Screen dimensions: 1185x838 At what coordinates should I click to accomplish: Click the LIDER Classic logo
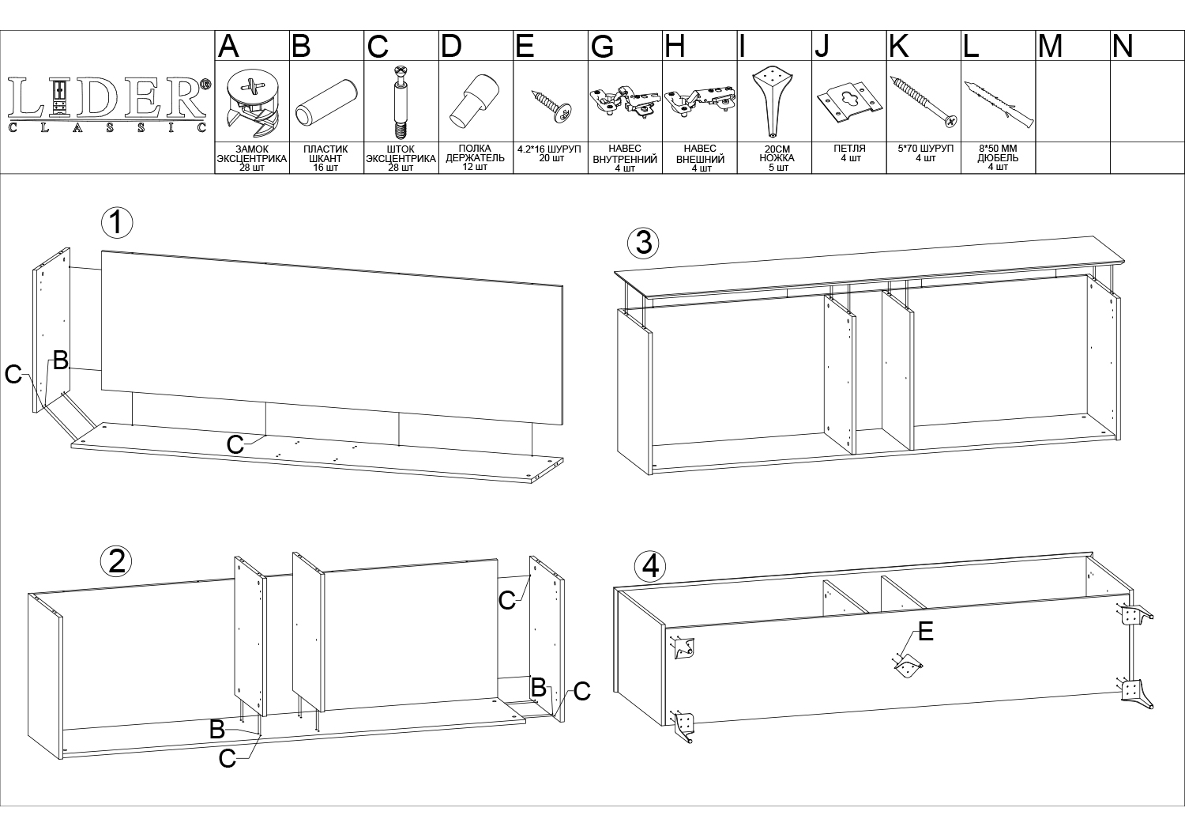tap(108, 104)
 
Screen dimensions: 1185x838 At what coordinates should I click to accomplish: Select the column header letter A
tap(228, 46)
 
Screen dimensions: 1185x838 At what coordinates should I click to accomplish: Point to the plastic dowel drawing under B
tap(326, 102)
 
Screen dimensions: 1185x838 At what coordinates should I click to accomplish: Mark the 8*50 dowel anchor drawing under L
tap(999, 104)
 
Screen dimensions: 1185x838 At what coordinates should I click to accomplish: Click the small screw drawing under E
tap(551, 106)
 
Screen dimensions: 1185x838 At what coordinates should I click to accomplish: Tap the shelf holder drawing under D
tap(475, 101)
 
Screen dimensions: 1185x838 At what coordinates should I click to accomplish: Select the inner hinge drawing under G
tap(624, 100)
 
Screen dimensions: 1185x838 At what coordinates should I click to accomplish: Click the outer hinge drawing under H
tap(700, 100)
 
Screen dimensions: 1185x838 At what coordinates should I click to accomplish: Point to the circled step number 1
tap(117, 223)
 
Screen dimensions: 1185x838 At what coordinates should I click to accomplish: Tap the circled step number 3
tap(643, 243)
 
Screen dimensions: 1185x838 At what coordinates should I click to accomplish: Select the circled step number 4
tap(650, 567)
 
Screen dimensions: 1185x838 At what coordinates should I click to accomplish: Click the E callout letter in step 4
tap(925, 632)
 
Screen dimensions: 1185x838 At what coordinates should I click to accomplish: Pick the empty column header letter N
tap(1123, 46)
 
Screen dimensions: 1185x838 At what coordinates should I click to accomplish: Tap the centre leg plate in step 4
tap(908, 666)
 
